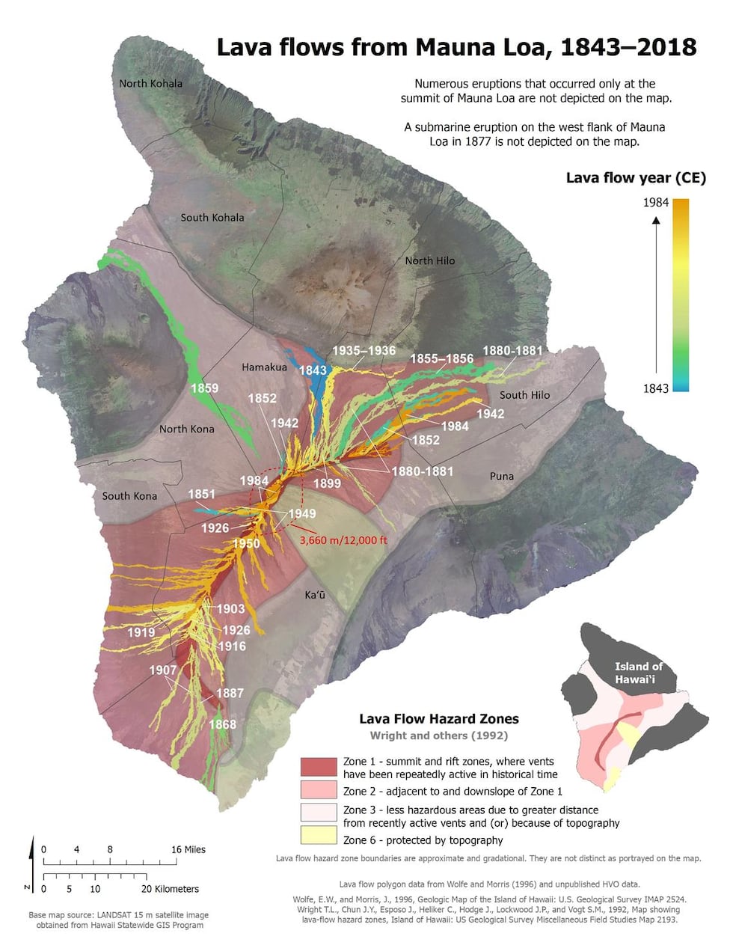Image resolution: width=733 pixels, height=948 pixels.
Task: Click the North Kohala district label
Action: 150,83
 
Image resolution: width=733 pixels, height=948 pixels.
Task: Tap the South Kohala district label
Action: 212,217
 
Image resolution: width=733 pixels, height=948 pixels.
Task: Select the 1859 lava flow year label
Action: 204,388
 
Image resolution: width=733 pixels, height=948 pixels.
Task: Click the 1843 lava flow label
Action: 313,370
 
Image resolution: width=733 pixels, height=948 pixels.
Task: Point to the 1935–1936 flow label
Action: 364,350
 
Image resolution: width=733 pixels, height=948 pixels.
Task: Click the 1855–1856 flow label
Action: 441,358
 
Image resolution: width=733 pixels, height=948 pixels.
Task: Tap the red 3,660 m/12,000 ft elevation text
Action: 343,539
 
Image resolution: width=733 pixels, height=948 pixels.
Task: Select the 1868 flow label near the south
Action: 222,724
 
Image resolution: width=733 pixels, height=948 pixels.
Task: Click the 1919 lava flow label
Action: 141,632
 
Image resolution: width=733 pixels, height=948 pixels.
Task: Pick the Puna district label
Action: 501,476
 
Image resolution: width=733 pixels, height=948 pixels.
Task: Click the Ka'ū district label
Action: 315,595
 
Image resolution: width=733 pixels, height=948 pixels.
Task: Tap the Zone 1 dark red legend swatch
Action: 319,767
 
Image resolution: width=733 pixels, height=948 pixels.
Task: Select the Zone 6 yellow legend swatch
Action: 319,835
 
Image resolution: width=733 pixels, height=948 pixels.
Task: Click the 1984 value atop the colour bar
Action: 655,202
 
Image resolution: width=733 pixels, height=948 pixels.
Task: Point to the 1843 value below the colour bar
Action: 655,388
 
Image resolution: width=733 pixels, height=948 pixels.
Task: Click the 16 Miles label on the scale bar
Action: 188,849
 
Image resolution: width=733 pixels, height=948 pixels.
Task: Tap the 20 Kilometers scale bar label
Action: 171,889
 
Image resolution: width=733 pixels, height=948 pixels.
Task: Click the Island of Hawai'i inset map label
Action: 638,673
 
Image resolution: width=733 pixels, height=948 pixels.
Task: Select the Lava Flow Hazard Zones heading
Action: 438,718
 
